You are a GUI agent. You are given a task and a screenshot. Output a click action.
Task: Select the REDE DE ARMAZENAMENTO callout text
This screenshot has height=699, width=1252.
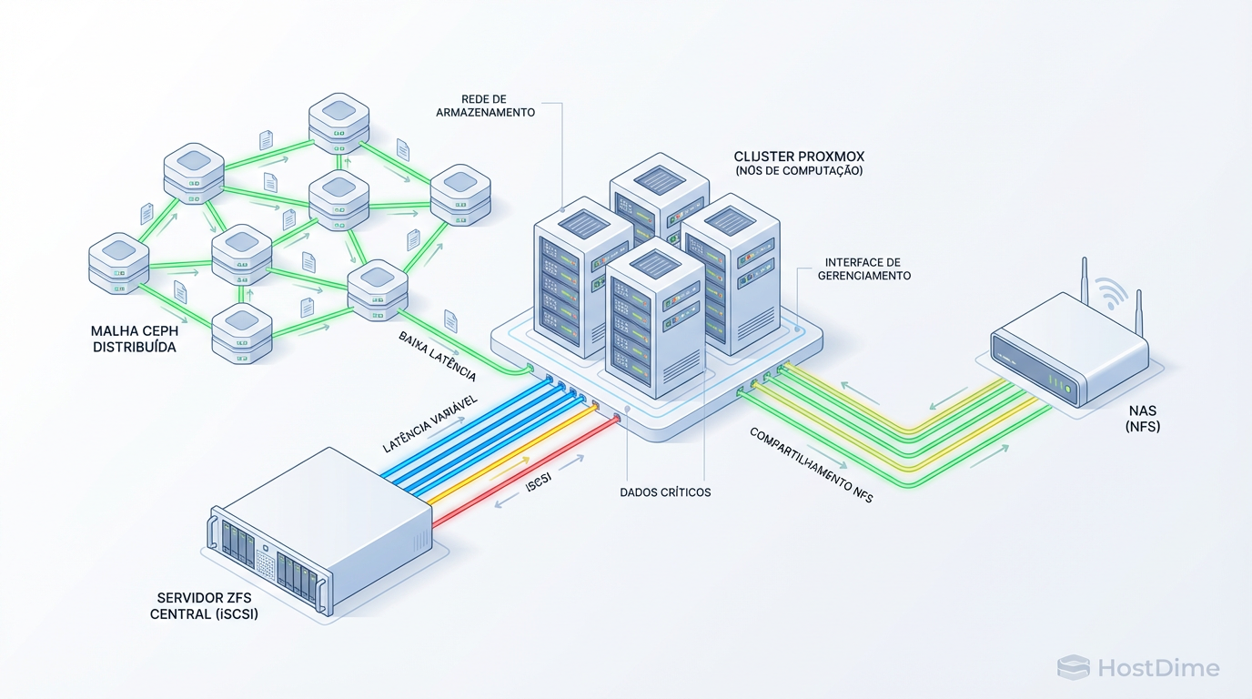(498, 105)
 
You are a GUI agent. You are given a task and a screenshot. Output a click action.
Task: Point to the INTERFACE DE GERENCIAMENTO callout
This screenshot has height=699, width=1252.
(863, 268)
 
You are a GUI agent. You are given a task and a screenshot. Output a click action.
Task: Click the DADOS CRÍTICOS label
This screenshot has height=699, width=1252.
(664, 492)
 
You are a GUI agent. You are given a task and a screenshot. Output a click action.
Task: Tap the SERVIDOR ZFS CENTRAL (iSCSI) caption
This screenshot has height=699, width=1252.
(207, 606)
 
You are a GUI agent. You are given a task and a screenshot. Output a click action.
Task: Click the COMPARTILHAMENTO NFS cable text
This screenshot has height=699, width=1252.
(810, 464)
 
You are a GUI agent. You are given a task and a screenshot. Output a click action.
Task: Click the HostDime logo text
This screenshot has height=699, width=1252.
(1157, 668)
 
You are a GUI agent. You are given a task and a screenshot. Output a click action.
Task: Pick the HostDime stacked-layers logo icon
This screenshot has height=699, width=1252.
(1073, 667)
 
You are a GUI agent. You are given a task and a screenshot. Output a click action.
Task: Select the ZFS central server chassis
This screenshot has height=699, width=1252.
(318, 537)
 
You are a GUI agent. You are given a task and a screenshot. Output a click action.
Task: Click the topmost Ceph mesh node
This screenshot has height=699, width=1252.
(338, 121)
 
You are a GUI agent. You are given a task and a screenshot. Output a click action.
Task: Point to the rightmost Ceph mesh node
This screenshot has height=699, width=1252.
(459, 196)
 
